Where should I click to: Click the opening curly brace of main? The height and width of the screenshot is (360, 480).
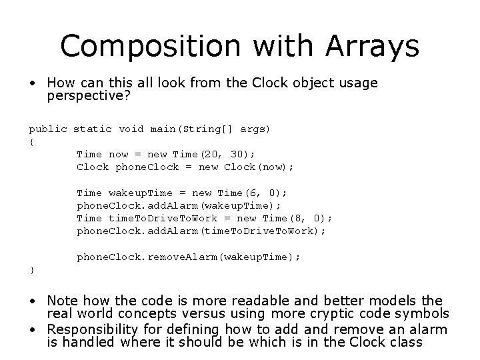[31, 141]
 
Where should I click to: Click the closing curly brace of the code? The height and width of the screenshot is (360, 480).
[31, 269]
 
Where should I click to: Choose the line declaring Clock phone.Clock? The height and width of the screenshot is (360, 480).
[185, 167]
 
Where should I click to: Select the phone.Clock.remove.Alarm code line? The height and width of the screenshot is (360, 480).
[189, 256]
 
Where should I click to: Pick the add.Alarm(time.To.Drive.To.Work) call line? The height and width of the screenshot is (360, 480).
[201, 231]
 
